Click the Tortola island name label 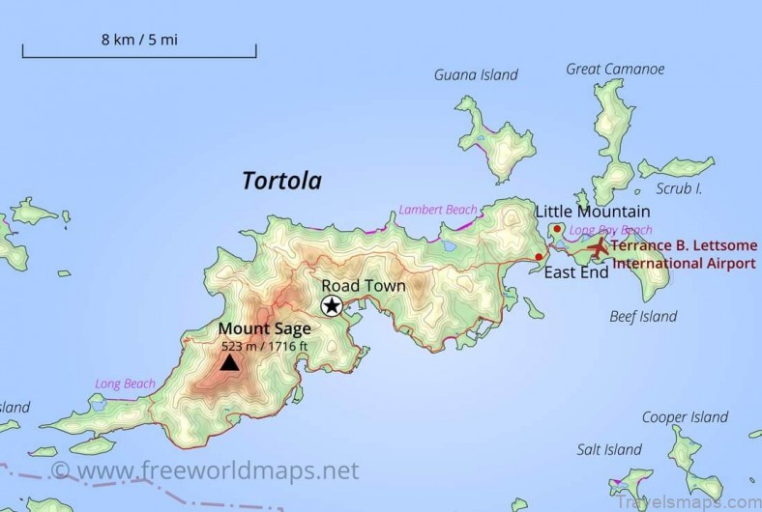point(281,181)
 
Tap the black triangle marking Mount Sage point(229,362)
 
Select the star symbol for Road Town point(332,306)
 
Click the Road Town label point(364,286)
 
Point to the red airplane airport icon point(599,247)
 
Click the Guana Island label point(476,75)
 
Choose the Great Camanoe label point(615,70)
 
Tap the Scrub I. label point(679,187)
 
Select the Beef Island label point(643,316)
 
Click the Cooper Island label point(685,417)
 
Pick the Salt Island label point(609,449)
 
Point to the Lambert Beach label point(437,210)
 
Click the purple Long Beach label point(125,384)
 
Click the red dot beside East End point(539,256)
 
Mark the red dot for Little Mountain point(558,229)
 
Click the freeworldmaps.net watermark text point(206,470)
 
